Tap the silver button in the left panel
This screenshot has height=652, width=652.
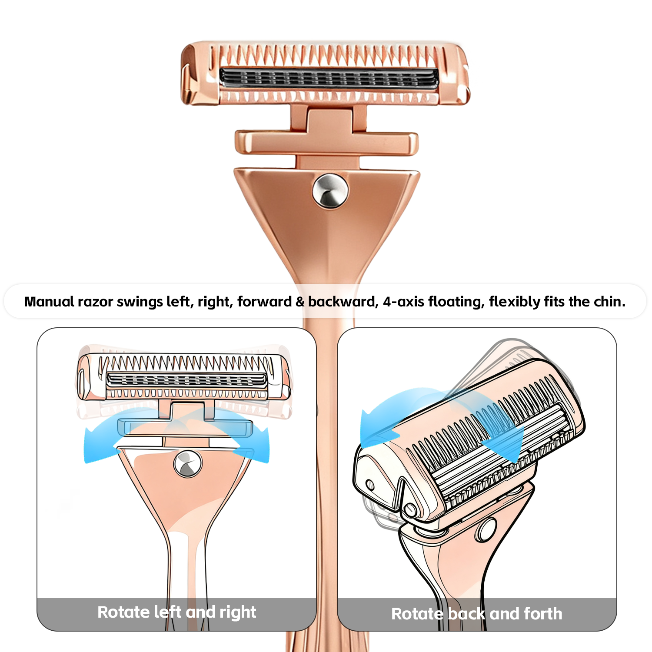click(187, 464)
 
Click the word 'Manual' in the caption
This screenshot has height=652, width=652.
click(49, 302)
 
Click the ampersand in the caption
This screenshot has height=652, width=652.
click(300, 302)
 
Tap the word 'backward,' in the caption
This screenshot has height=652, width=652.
click(343, 302)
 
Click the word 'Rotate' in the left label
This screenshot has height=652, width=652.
click(123, 612)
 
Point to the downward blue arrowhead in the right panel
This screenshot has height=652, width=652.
click(504, 443)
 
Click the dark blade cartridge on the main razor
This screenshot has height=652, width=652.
click(329, 79)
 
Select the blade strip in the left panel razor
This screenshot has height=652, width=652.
click(186, 380)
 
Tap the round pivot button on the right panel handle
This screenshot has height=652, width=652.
click(486, 529)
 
